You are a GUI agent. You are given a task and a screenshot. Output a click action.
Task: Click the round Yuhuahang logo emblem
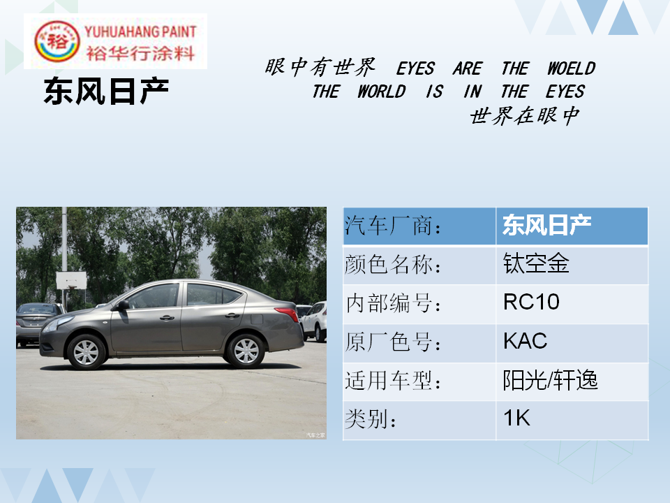coord(57,41)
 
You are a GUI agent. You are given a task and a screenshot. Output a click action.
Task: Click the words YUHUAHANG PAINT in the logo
coord(140,31)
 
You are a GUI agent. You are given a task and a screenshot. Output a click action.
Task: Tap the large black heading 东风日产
coord(106,91)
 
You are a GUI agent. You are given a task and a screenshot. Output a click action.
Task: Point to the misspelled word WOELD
coord(572,68)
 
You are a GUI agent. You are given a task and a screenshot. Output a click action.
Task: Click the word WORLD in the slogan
coord(382,92)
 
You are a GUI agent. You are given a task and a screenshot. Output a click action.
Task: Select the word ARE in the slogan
coord(468,68)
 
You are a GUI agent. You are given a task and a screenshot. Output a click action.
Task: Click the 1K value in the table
coord(516,418)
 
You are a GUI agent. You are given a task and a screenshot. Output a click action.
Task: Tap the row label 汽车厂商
coord(393,226)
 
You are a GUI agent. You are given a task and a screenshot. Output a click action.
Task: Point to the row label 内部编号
coord(393,302)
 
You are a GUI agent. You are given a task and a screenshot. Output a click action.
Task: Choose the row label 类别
coord(370,418)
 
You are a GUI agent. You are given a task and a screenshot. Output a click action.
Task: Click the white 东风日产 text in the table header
coord(546,225)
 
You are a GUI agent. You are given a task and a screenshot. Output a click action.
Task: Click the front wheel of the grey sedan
coord(86,351)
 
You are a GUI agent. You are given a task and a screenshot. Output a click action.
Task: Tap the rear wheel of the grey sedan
coord(246,351)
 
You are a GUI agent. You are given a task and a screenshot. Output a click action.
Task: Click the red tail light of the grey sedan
coord(287,313)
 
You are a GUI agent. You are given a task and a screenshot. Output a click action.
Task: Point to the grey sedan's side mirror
coord(123,305)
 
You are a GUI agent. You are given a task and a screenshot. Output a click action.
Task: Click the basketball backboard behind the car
coord(71,280)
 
